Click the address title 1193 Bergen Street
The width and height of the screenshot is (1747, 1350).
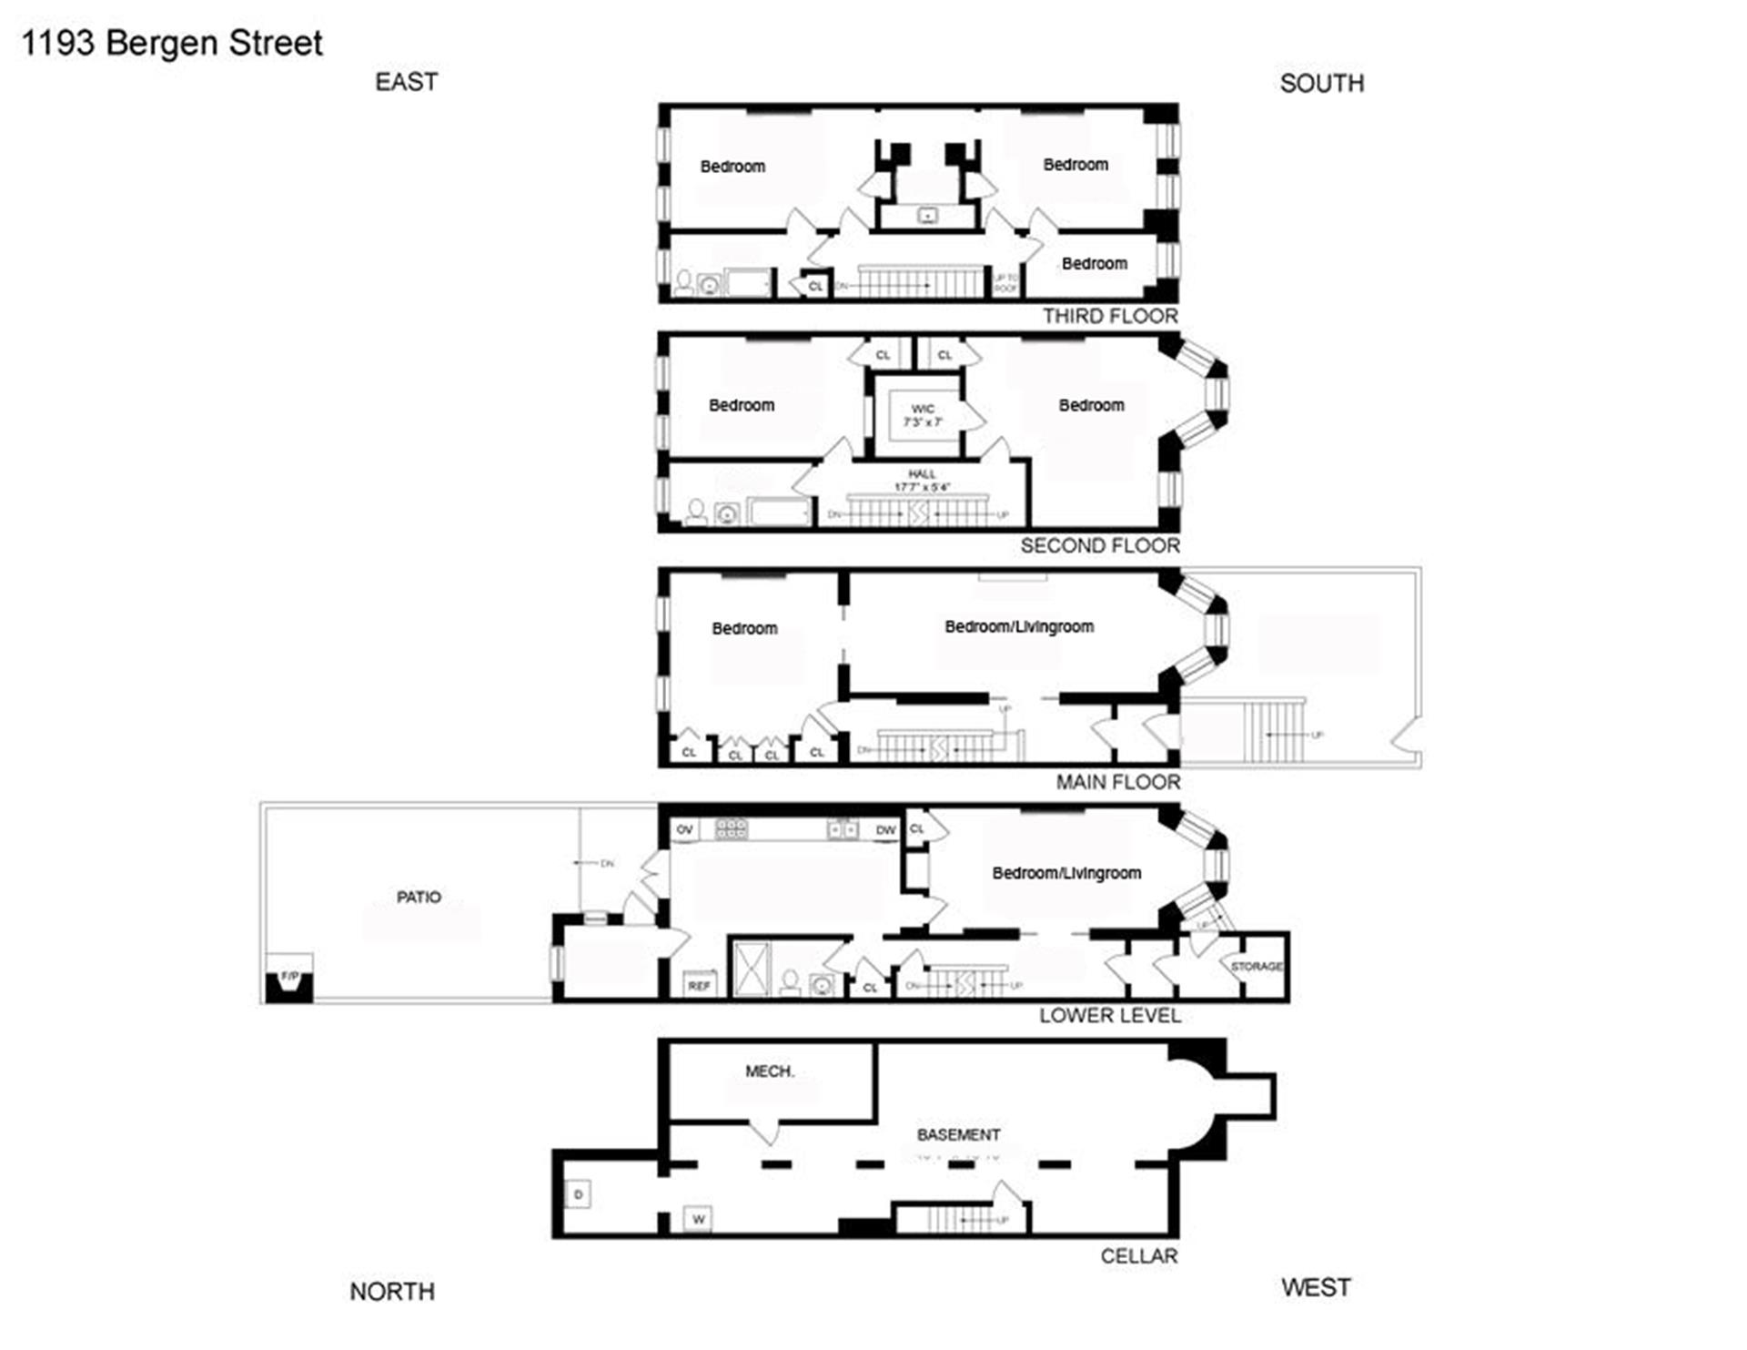pyautogui.click(x=172, y=43)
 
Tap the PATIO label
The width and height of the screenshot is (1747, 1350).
pyautogui.click(x=419, y=898)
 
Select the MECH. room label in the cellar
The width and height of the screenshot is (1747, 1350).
pyautogui.click(x=770, y=1071)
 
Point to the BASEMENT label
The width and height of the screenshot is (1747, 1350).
pyautogui.click(x=958, y=1135)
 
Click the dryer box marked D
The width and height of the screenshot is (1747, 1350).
pyautogui.click(x=579, y=1194)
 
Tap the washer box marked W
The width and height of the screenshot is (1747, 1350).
pyautogui.click(x=698, y=1219)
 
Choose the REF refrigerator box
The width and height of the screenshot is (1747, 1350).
pyautogui.click(x=699, y=986)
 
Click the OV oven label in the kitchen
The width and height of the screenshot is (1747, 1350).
pyautogui.click(x=684, y=829)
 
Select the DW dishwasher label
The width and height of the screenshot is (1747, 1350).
pyautogui.click(x=885, y=830)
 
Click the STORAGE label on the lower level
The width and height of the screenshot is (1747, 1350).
pyautogui.click(x=1257, y=967)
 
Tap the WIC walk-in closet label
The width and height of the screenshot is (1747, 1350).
pyautogui.click(x=922, y=410)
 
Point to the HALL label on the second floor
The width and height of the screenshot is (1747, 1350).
pyautogui.click(x=922, y=474)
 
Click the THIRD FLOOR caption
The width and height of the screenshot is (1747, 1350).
pyautogui.click(x=1110, y=316)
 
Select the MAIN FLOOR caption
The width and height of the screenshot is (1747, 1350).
pyautogui.click(x=1118, y=782)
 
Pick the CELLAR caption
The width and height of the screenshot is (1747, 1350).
pyautogui.click(x=1139, y=1256)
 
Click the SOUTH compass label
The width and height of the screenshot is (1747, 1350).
pyautogui.click(x=1322, y=84)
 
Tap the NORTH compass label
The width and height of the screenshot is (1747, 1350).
pyautogui.click(x=392, y=1292)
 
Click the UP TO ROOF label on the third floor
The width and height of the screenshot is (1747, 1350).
pyautogui.click(x=1005, y=283)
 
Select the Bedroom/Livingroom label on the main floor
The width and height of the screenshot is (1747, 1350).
pyautogui.click(x=1019, y=626)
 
